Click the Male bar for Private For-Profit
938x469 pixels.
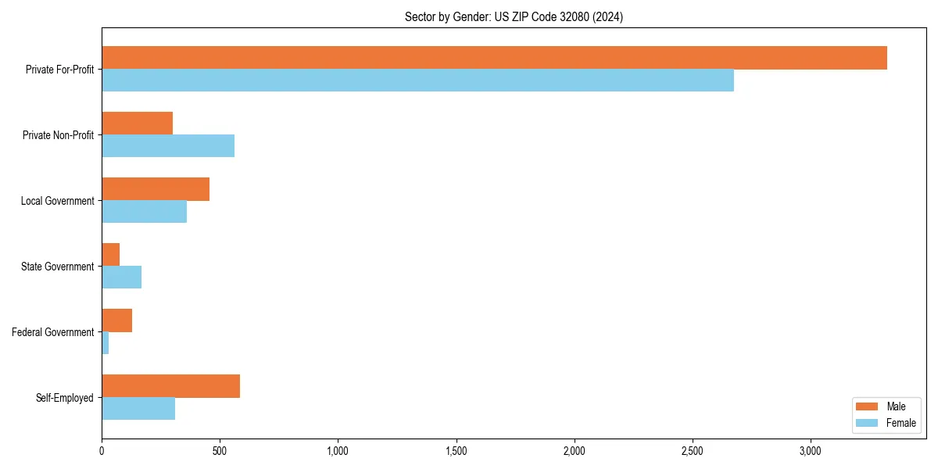(x=494, y=58)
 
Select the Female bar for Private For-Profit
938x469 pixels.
(x=417, y=81)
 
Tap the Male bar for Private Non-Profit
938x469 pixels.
(x=137, y=124)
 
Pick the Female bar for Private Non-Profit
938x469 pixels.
(x=168, y=146)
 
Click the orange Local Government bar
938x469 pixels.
(x=156, y=189)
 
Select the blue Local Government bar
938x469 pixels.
(x=144, y=212)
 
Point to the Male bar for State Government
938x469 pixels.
(x=110, y=255)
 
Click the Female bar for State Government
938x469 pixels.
(x=121, y=277)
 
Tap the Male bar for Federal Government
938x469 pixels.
(x=116, y=320)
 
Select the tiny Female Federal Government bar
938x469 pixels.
(x=105, y=343)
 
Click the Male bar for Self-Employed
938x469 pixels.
(x=170, y=386)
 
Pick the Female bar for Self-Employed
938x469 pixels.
(x=138, y=409)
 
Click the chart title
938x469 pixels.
(x=514, y=16)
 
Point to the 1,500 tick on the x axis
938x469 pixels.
(x=456, y=451)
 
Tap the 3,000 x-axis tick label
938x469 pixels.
(x=811, y=451)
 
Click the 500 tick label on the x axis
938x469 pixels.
(x=220, y=451)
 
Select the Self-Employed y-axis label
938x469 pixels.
(x=64, y=398)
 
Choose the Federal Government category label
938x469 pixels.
(x=52, y=332)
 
